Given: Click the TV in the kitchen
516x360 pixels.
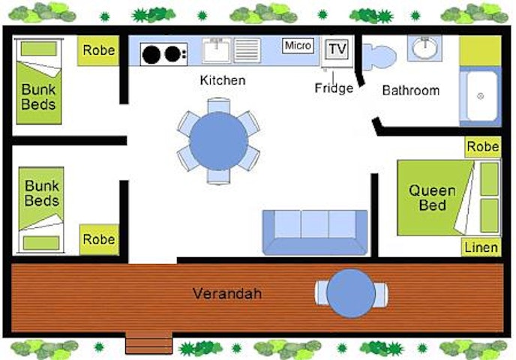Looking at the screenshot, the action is pyautogui.click(x=337, y=49).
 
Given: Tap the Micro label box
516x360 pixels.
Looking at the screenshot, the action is pyautogui.click(x=298, y=46).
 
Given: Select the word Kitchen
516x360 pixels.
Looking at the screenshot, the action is pyautogui.click(x=223, y=80).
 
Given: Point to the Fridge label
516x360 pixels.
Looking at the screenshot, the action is pyautogui.click(x=334, y=88).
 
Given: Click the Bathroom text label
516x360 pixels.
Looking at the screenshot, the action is pyautogui.click(x=411, y=91).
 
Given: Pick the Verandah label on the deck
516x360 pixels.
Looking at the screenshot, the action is pyautogui.click(x=227, y=293).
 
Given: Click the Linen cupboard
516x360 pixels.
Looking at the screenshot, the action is pyautogui.click(x=481, y=247).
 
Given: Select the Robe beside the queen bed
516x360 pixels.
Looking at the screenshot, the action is pyautogui.click(x=483, y=147).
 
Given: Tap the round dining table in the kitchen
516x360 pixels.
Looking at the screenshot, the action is pyautogui.click(x=218, y=141).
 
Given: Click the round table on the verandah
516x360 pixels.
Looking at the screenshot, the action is pyautogui.click(x=351, y=293).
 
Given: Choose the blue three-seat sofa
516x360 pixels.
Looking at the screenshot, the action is pyautogui.click(x=315, y=232).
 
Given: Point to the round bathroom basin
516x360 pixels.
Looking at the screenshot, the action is pyautogui.click(x=424, y=48).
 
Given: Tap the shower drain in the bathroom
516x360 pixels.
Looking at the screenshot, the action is pyautogui.click(x=480, y=97).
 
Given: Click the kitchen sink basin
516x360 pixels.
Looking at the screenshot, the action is pyautogui.click(x=216, y=50).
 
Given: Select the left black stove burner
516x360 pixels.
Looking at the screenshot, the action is pyautogui.click(x=151, y=55).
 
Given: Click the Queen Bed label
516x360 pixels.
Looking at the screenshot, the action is pyautogui.click(x=432, y=198).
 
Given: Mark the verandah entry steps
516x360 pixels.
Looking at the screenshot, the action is pyautogui.click(x=148, y=343).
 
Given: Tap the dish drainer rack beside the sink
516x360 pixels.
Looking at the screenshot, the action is pyautogui.click(x=247, y=50).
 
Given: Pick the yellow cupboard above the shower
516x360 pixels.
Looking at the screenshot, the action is pyautogui.click(x=480, y=50).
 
